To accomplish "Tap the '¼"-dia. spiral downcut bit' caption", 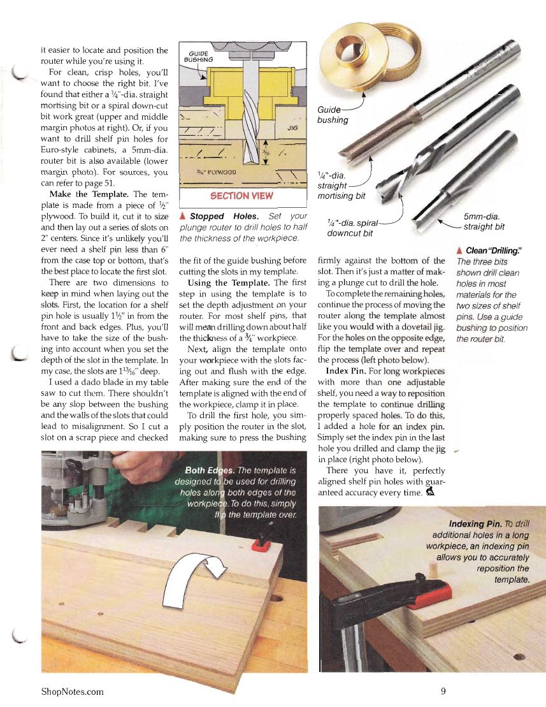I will [x=351, y=228].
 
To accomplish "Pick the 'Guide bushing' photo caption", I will [x=332, y=115].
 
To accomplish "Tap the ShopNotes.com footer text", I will [x=72, y=691].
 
